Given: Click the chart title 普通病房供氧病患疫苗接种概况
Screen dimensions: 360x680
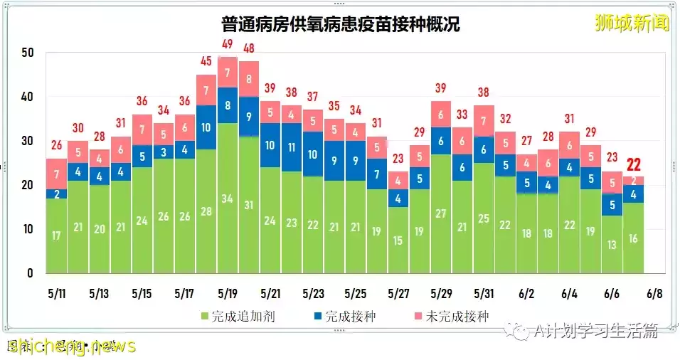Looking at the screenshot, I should click(340, 25).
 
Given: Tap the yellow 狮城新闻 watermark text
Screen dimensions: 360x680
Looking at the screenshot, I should click(632, 23).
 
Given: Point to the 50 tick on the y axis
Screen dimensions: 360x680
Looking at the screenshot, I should click(27, 53).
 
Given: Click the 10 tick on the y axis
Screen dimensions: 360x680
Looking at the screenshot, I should click(27, 229).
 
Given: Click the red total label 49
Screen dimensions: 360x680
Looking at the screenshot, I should click(228, 44).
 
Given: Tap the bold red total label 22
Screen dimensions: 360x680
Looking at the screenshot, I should click(633, 165).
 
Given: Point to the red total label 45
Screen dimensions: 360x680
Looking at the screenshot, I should click(206, 62).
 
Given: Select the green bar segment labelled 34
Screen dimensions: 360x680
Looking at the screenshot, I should click(228, 198).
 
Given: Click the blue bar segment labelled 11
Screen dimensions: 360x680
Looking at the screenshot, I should click(292, 147).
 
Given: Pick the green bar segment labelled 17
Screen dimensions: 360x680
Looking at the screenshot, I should click(57, 235).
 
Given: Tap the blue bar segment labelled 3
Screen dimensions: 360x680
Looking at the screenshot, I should click(164, 152).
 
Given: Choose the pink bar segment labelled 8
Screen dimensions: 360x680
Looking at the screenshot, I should click(249, 79).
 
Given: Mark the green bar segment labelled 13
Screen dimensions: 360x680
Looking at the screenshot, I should click(612, 244).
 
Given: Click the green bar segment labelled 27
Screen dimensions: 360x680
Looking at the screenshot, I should click(441, 213).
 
